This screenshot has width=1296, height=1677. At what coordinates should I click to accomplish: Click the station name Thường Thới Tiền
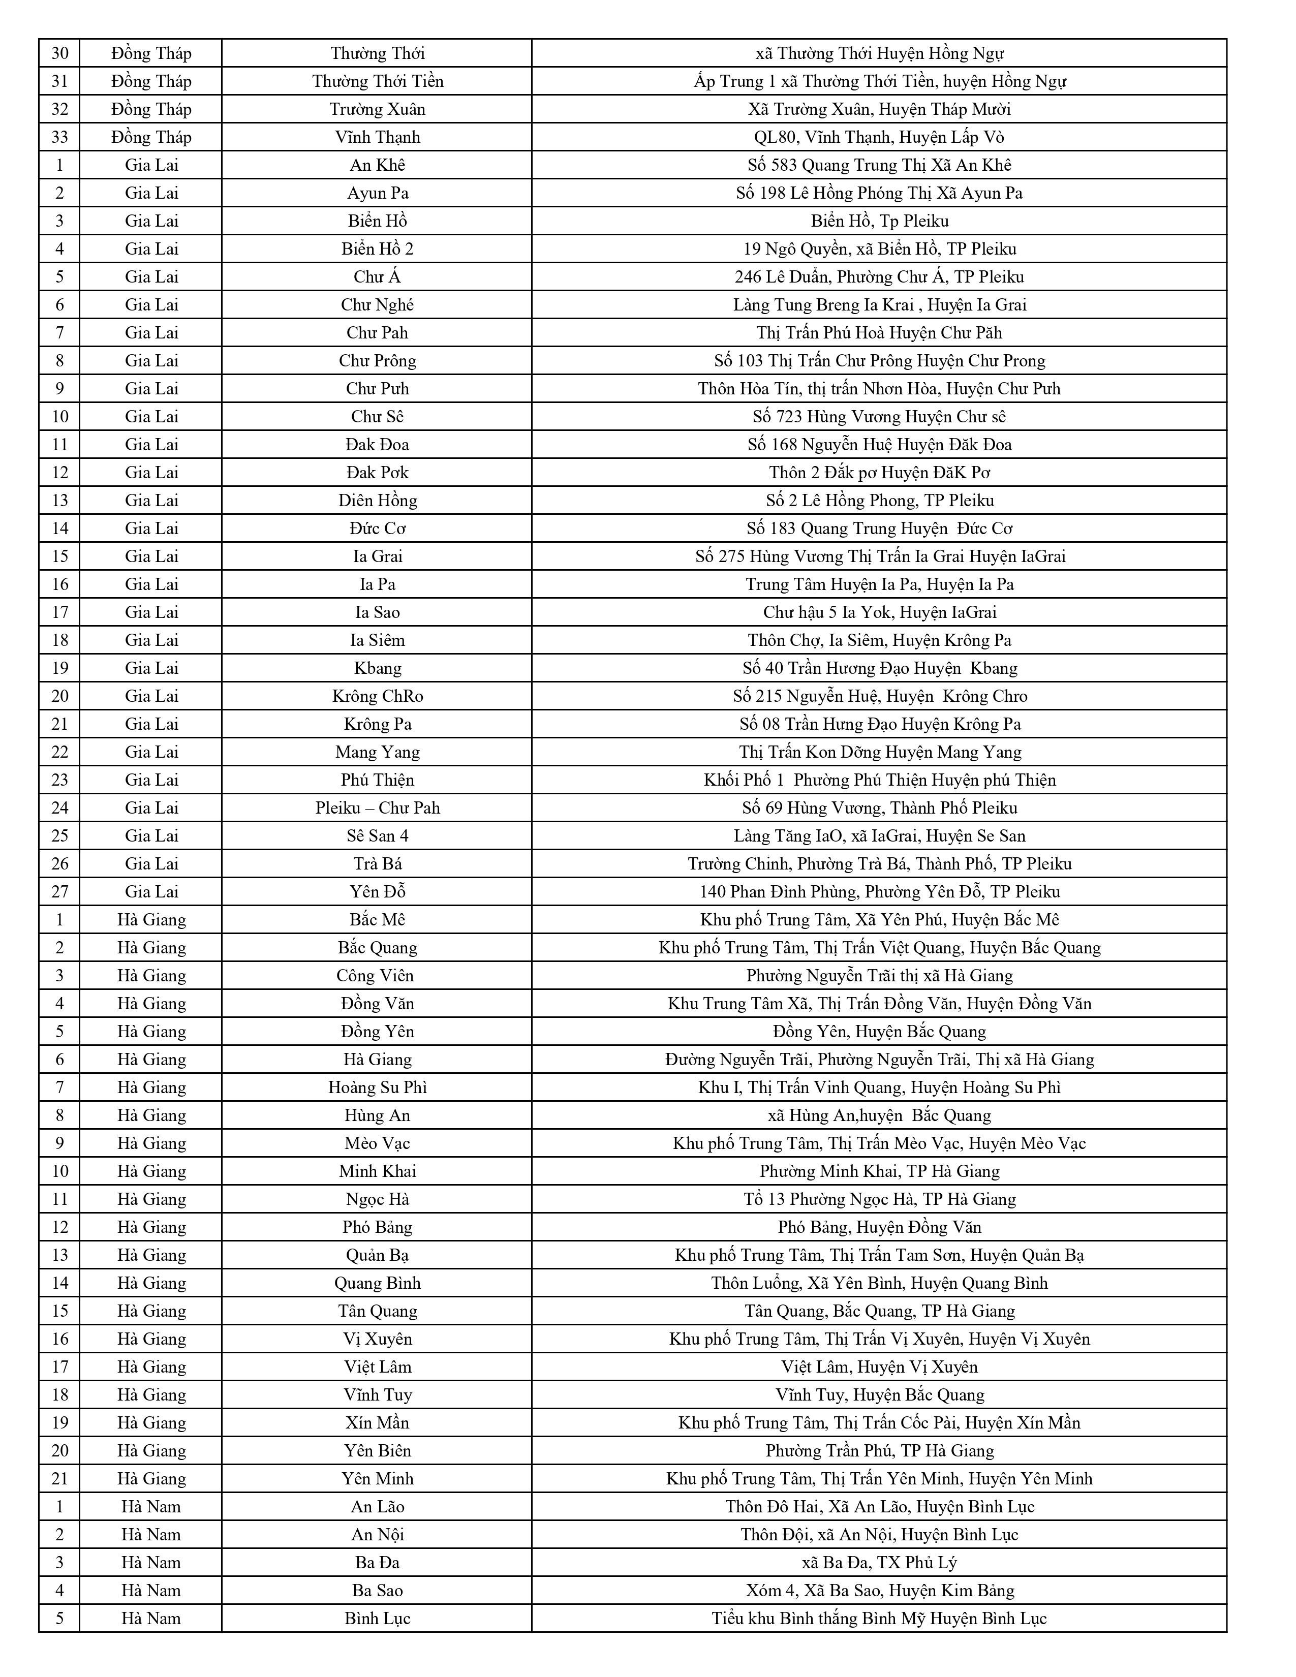point(377,81)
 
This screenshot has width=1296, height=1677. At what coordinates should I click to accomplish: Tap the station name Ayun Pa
point(377,194)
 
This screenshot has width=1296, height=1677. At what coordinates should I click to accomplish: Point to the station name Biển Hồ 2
point(377,249)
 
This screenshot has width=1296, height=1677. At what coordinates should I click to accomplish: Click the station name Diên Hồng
point(377,501)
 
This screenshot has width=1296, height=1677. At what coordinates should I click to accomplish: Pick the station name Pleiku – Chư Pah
point(377,808)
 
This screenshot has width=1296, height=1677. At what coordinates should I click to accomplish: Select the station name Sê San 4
point(377,836)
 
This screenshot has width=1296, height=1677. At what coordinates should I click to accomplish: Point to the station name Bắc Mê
point(377,920)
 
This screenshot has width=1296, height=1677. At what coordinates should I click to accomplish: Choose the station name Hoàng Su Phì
point(377,1088)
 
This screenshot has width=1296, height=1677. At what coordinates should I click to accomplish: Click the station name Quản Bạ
point(377,1255)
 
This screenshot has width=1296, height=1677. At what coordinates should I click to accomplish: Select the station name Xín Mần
point(377,1423)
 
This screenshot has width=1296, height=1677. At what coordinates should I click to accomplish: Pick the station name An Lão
point(377,1507)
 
